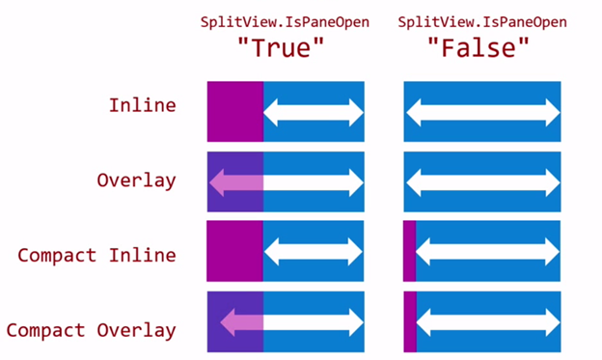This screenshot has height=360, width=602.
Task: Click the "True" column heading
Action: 286,47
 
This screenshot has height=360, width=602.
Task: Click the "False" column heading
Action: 482,47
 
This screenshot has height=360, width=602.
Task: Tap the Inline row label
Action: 142,104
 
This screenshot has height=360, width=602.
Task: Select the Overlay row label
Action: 136,180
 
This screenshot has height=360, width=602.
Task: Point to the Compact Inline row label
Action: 96,255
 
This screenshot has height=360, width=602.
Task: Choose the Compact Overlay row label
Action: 91,330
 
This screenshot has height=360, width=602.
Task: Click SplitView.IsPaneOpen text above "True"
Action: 286,21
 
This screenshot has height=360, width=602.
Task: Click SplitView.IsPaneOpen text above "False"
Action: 482,21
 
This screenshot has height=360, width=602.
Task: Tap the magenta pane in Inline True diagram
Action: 234,112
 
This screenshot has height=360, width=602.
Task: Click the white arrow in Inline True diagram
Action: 314,112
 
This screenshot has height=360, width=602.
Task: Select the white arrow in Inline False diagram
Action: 482,112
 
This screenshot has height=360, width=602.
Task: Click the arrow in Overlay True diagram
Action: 286,181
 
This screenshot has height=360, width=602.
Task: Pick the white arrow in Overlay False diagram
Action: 482,181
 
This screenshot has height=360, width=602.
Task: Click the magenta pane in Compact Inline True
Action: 234,251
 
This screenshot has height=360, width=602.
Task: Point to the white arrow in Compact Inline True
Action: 314,251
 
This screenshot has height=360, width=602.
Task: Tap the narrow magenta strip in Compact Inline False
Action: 409,251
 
